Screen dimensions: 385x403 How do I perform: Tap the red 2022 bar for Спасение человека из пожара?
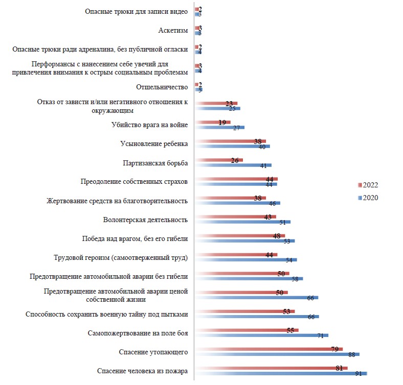pos(271,368)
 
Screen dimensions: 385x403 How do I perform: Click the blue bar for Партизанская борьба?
pos(233,165)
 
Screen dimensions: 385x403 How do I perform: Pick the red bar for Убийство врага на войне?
pos(213,122)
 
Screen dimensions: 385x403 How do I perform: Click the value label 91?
pos(359,374)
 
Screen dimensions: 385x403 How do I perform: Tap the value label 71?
pos(321,335)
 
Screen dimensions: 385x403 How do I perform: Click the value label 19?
pos(222,123)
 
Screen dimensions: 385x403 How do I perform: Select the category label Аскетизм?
pos(173,31)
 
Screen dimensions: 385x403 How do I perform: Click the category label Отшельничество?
pos(162,87)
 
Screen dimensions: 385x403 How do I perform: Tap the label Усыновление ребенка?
pos(154,143)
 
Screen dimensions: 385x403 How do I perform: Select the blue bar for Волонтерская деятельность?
pos(243,222)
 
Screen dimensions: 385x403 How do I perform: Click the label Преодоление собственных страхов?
pos(134,181)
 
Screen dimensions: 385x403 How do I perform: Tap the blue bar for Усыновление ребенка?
pos(233,147)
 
